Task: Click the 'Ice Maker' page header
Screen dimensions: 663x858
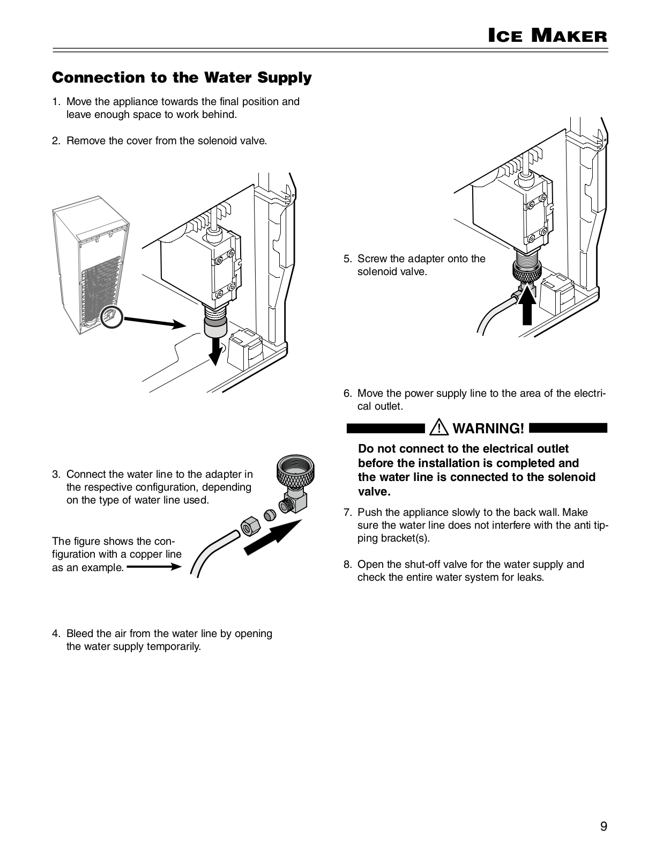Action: tap(547, 36)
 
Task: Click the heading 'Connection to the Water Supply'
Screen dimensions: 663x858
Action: tap(182, 78)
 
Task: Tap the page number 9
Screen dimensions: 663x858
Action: tap(604, 826)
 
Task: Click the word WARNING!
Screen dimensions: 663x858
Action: tap(488, 428)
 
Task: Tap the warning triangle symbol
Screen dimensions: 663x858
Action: tap(441, 428)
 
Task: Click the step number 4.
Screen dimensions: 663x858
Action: tap(55, 633)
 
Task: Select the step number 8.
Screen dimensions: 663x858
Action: tap(347, 564)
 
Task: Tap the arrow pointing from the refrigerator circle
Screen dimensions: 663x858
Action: tap(155, 322)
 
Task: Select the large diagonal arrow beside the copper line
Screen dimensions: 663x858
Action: tap(272, 538)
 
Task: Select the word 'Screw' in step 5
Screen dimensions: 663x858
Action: tap(372, 258)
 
